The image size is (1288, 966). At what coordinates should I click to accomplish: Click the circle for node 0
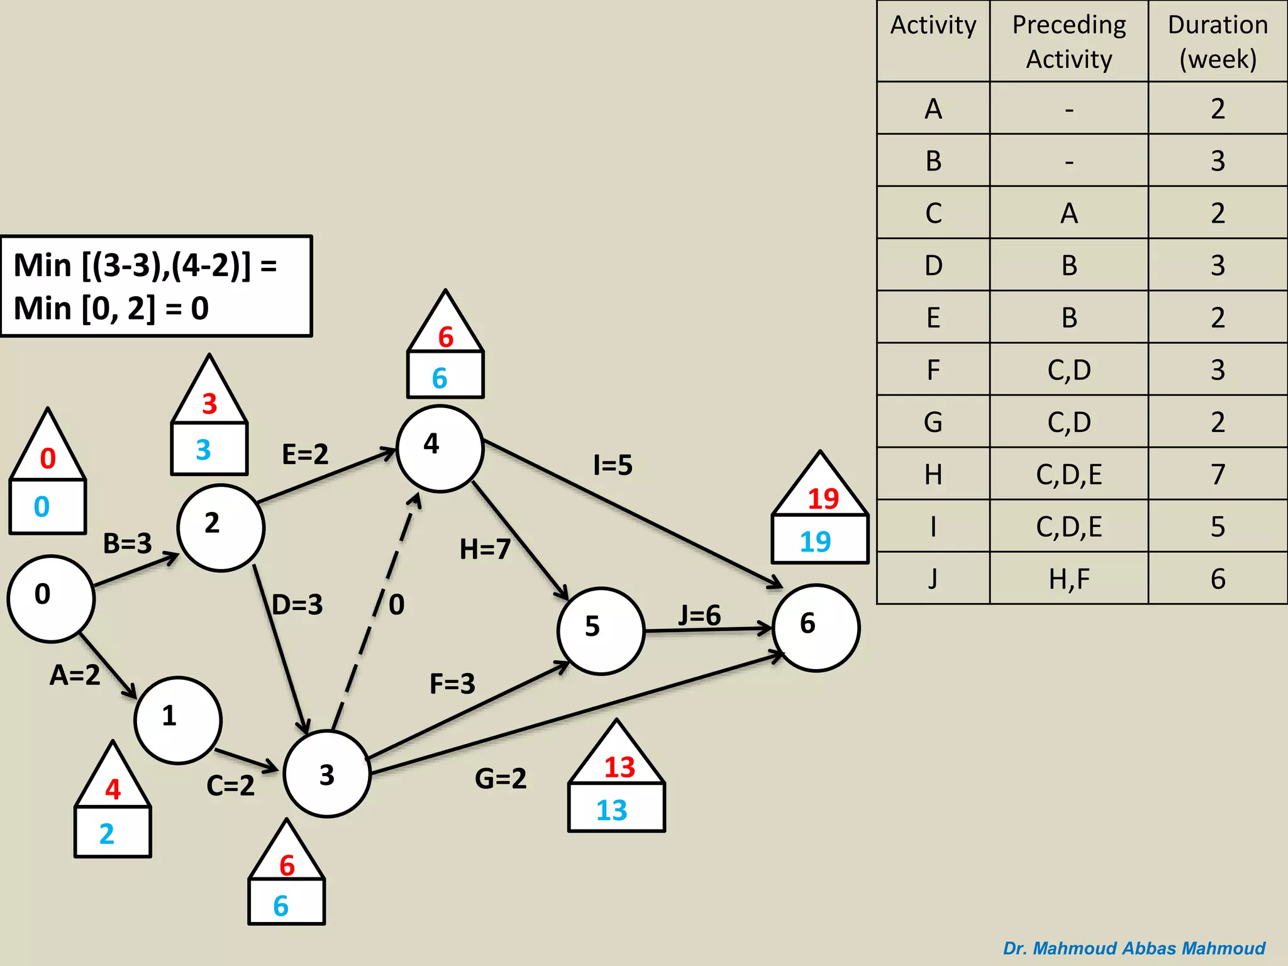(x=51, y=598)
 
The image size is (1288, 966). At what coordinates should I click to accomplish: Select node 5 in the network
(x=601, y=631)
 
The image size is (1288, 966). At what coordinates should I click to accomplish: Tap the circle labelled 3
(x=327, y=774)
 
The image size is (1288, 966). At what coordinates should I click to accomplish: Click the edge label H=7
(x=485, y=549)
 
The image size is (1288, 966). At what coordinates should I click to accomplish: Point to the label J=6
(x=699, y=615)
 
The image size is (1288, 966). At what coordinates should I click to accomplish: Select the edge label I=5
(x=613, y=465)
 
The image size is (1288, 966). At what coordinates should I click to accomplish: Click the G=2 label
(x=501, y=779)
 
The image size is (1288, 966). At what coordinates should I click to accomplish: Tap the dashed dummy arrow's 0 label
(x=396, y=604)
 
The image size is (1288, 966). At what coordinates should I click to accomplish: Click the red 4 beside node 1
(x=113, y=789)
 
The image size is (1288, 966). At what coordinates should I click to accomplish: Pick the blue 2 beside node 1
(x=107, y=834)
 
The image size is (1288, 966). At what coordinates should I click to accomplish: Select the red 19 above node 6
(x=823, y=499)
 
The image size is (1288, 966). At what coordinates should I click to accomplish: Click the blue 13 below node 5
(x=612, y=810)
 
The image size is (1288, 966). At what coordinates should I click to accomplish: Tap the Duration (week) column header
(x=1218, y=42)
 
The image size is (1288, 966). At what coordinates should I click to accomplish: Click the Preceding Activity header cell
(x=1069, y=42)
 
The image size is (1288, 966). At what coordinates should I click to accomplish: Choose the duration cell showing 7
(x=1218, y=474)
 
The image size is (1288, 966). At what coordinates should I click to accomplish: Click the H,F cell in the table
(x=1069, y=579)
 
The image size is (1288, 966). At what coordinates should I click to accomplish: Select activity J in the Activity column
(x=933, y=579)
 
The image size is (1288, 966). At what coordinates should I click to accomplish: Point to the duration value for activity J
(x=1218, y=579)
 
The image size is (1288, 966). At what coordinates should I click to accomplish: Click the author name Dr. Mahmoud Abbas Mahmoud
(x=1134, y=948)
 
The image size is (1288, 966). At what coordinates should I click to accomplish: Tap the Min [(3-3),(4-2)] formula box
(x=156, y=287)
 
